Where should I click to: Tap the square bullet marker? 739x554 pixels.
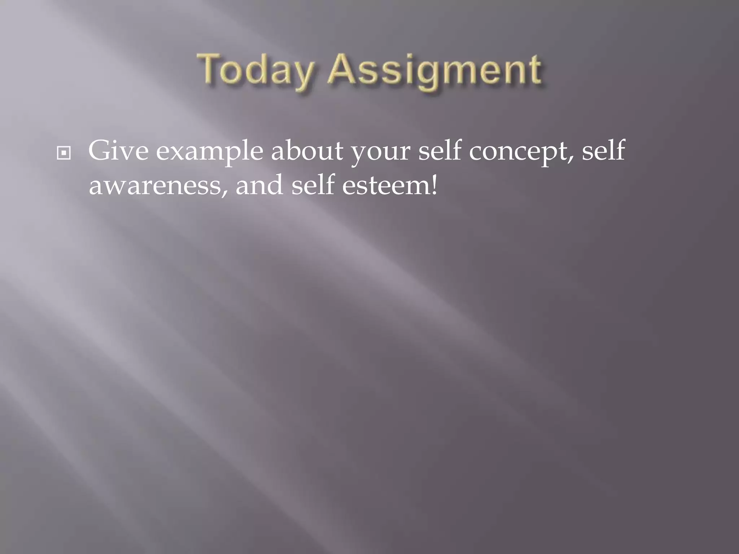[x=64, y=154]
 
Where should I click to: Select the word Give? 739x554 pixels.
[x=118, y=151]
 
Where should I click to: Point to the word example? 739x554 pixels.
[x=209, y=151]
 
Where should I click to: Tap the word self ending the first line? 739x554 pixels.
[x=603, y=150]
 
